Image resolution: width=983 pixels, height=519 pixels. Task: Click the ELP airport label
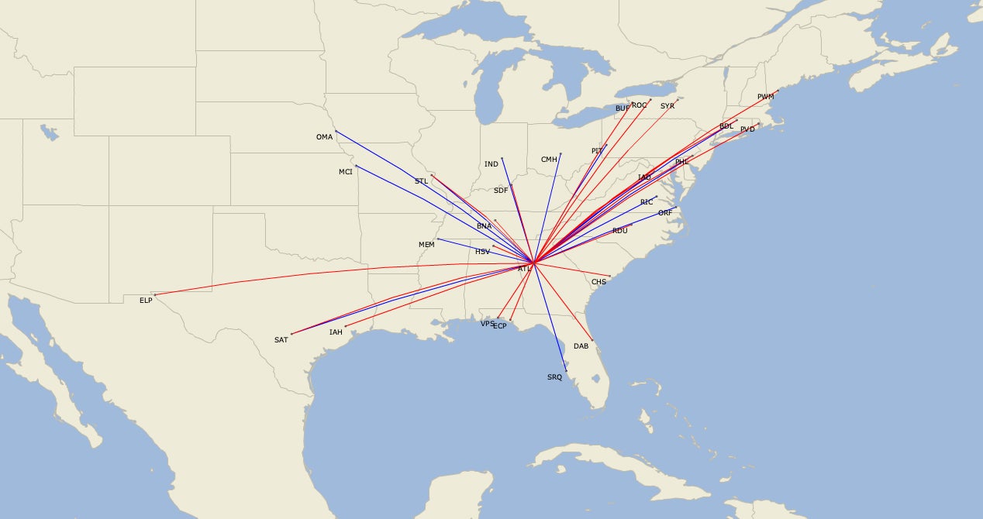point(146,300)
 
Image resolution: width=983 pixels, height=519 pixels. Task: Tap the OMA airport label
point(324,137)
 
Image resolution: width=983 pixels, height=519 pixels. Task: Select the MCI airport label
point(346,172)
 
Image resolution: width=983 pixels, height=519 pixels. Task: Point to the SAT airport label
point(281,340)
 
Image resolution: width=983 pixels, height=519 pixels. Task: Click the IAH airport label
point(336,332)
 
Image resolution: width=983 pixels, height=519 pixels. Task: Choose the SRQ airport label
point(554,377)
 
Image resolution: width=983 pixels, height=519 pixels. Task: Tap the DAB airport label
point(581,346)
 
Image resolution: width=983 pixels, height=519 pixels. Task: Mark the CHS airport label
point(598,282)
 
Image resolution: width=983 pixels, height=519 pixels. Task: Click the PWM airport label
point(766,97)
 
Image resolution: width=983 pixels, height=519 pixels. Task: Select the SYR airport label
point(667,106)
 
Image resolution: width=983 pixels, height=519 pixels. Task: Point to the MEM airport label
point(426,245)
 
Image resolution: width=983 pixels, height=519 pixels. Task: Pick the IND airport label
point(491,164)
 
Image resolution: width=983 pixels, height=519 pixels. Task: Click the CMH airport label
point(549,160)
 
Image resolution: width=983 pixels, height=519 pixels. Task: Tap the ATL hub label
point(525,269)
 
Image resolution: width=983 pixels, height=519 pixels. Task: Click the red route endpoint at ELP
point(155,294)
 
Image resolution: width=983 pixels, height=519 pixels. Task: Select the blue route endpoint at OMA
point(336,131)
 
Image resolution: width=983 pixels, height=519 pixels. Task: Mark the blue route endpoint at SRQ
point(567,371)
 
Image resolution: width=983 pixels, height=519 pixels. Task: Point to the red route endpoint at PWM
point(778,91)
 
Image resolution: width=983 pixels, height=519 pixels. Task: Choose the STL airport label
point(421,181)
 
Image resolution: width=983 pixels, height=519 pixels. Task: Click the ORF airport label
point(665,213)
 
